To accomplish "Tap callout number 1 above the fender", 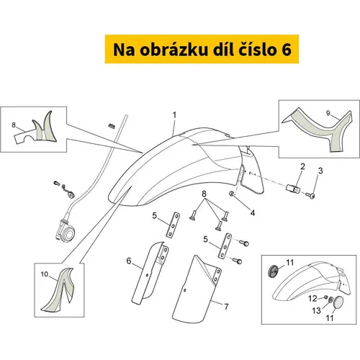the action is point(175,115).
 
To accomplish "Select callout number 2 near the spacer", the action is point(302,166).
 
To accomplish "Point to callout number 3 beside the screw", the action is point(320,171).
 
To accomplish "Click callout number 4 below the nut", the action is point(253,212).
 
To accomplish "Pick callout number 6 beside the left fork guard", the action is point(129,261).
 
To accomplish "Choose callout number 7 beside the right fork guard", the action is point(226,307).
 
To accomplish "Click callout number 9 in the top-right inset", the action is point(328,113).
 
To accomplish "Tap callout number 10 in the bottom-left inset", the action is point(45,274).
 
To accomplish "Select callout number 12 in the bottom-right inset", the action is point(312,299).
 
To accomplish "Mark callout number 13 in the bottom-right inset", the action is point(317,310).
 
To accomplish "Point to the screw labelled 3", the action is point(310,196).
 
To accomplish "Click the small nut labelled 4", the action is point(232,193).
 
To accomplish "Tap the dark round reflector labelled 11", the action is point(273,271).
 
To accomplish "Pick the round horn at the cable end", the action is point(70,233).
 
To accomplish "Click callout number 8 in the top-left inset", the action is point(14,125).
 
